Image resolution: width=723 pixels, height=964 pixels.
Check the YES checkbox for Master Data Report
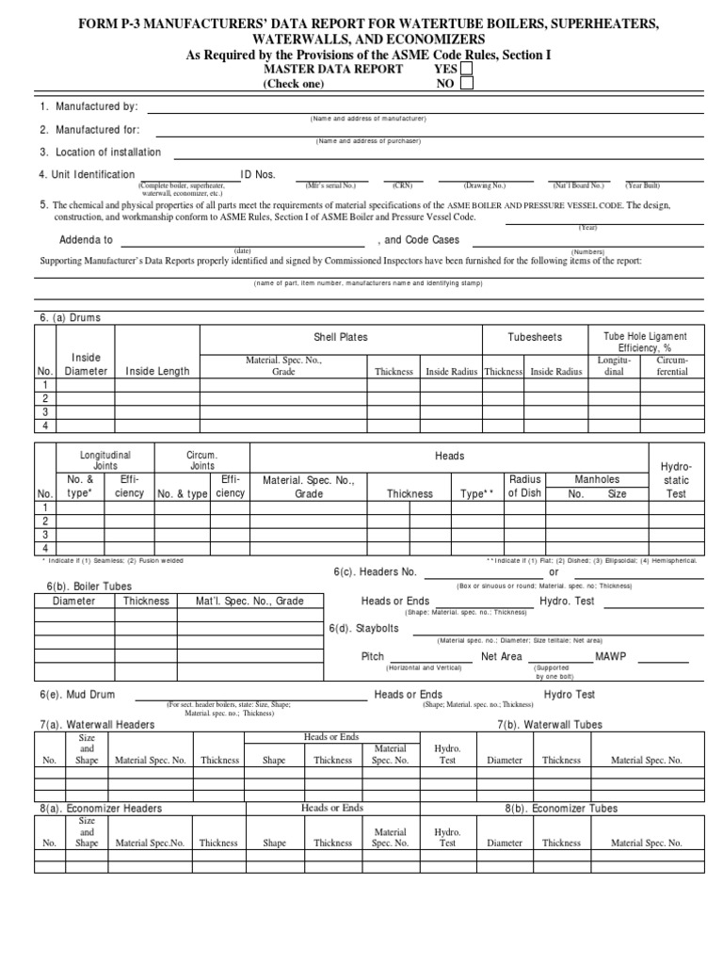467,69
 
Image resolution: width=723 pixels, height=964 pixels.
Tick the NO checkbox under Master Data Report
467,84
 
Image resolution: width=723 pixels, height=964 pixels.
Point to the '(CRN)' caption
403,185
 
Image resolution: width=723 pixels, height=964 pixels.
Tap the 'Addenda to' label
86,240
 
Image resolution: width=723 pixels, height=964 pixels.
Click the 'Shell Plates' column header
341,337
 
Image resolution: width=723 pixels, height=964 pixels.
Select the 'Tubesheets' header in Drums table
535,337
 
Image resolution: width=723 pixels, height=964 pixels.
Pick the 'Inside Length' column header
157,371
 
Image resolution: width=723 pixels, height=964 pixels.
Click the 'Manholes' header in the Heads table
598,479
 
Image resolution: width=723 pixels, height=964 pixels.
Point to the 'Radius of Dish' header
525,486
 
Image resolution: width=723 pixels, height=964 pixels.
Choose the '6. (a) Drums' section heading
70,318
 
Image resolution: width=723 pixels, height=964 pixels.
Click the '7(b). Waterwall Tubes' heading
550,725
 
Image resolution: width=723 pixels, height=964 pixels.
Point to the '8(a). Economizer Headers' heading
101,808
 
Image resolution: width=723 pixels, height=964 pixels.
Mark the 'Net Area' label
501,656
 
